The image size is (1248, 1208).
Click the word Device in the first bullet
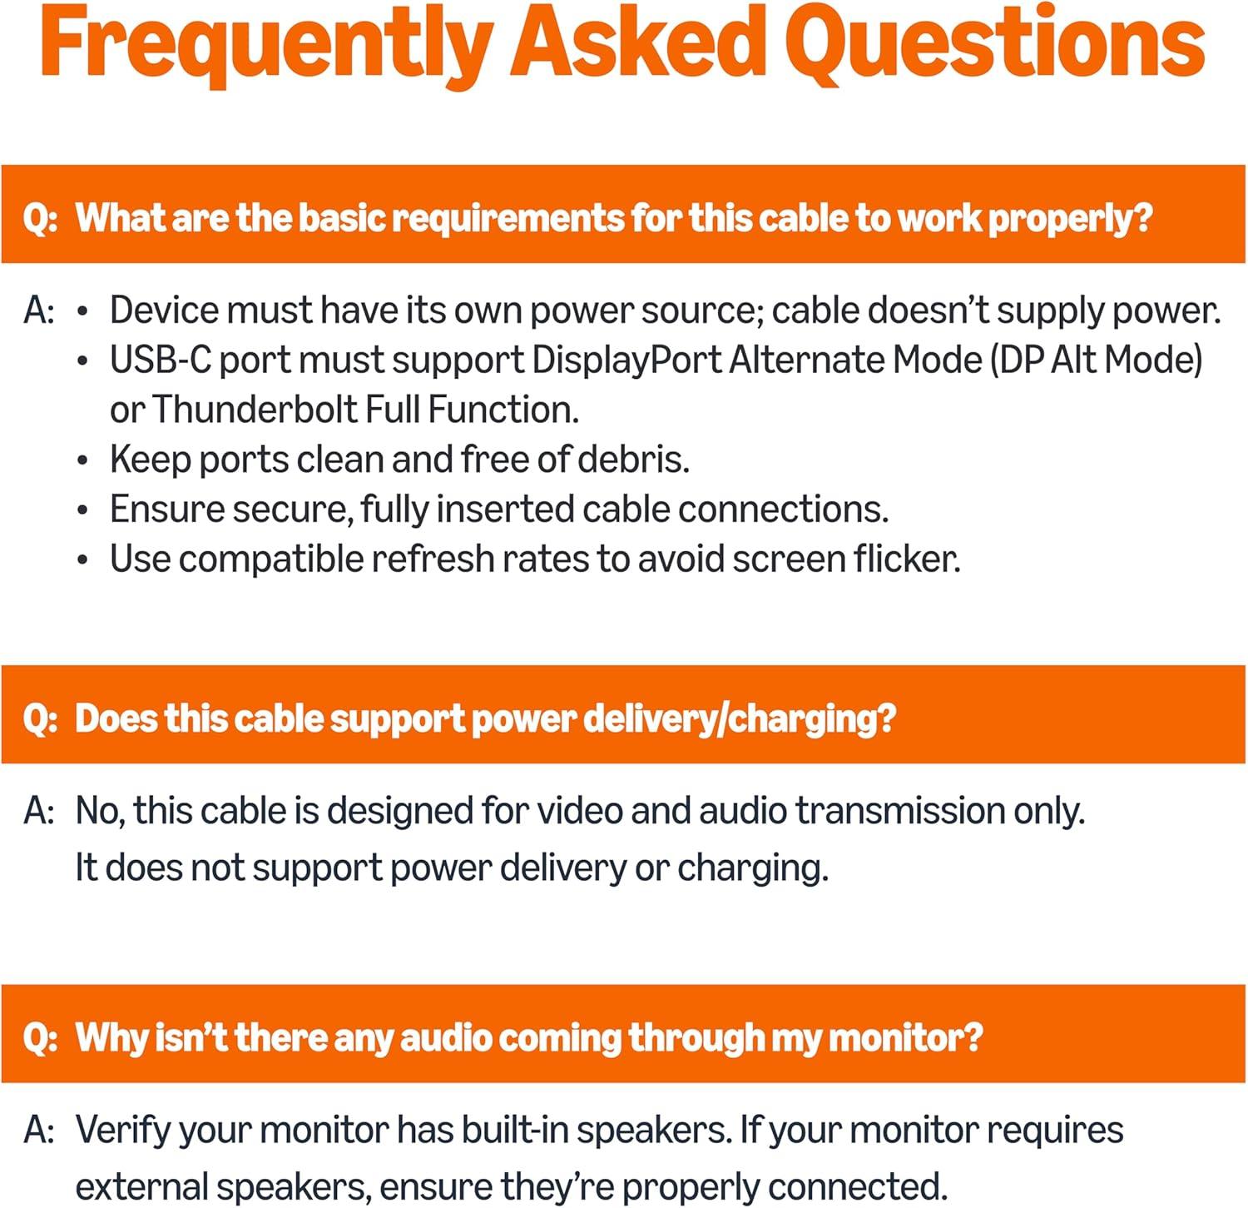coord(165,311)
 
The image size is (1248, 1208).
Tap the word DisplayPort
coord(626,360)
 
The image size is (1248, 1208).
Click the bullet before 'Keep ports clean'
coord(82,460)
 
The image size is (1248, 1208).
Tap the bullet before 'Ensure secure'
coord(82,510)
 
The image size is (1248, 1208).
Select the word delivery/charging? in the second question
coord(740,718)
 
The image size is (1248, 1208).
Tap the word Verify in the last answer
coord(123,1131)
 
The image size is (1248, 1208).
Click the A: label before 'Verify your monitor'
coord(39,1131)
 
